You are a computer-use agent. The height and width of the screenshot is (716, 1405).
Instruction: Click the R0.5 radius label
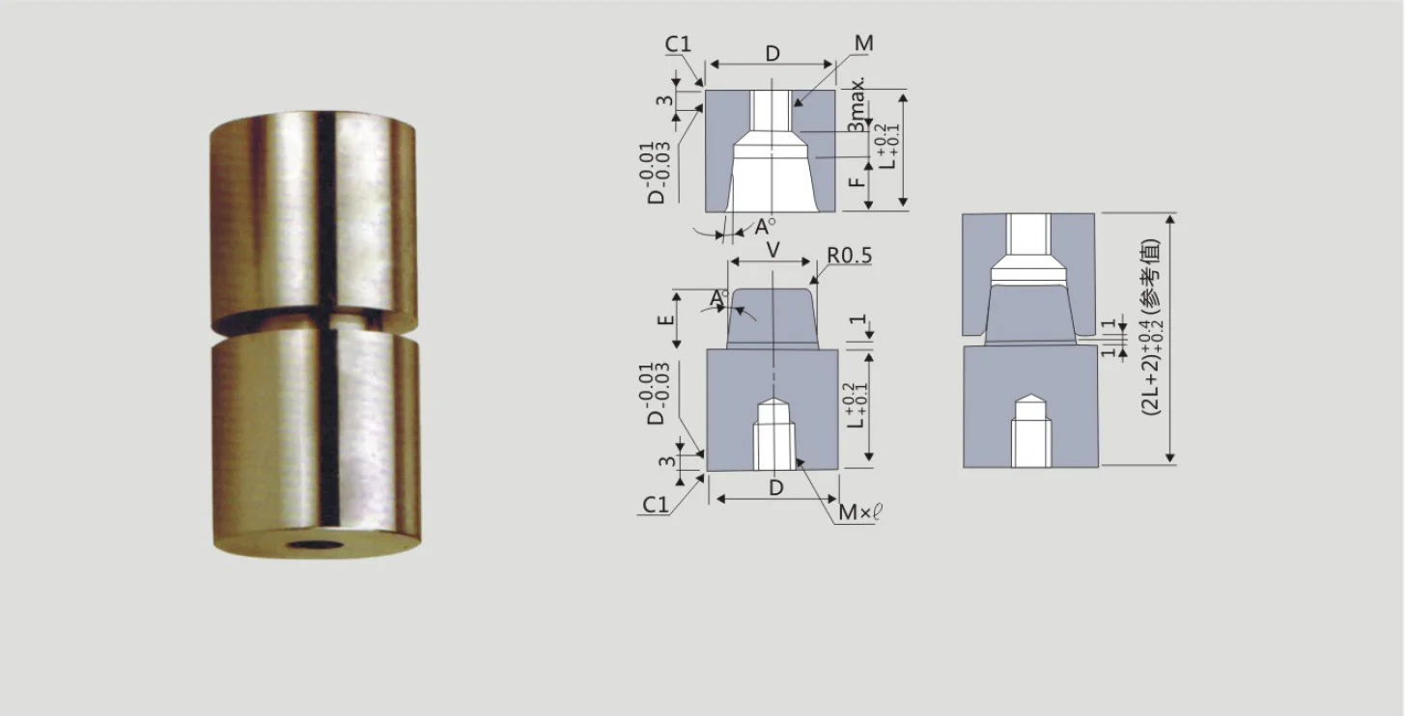(849, 256)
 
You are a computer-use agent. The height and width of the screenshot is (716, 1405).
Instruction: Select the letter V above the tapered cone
(773, 250)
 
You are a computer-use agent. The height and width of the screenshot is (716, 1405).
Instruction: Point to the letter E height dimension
(665, 318)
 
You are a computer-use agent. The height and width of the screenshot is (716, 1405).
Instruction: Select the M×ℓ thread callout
(859, 512)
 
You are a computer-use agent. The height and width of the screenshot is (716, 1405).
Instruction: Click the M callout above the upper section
(863, 43)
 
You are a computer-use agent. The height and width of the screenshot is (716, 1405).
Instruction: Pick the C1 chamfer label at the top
(678, 44)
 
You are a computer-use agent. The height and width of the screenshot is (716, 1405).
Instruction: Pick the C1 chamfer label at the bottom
(656, 505)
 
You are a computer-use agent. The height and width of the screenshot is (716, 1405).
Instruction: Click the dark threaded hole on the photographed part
(315, 546)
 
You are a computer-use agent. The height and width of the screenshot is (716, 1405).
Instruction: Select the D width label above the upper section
(773, 53)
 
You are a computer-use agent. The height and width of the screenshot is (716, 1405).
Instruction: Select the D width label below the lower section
(775, 488)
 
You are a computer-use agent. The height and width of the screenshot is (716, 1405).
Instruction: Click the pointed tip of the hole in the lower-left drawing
(773, 399)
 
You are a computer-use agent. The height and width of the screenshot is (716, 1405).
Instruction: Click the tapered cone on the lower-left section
(773, 318)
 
